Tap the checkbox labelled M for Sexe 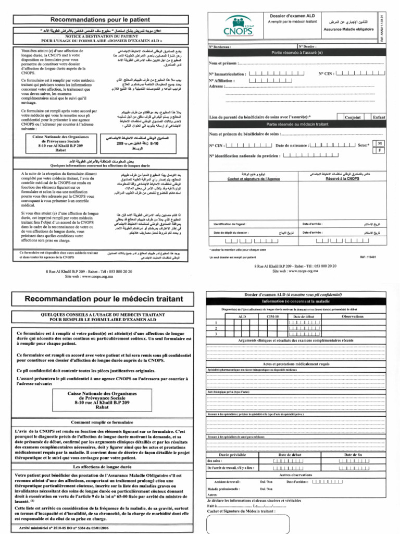click(x=380, y=143)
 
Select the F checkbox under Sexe click(x=380, y=150)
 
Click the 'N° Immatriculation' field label click(x=226, y=74)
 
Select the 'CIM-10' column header click(x=272, y=317)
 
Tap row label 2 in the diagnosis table click(x=216, y=328)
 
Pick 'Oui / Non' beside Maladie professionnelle click(x=266, y=489)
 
